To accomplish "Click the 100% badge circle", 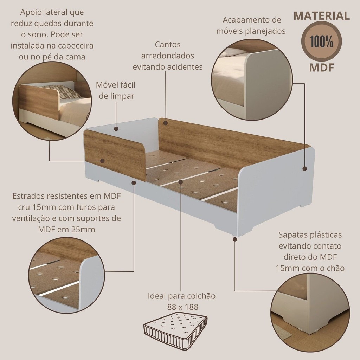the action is coord(321,41).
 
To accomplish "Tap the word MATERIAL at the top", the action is coord(322,15).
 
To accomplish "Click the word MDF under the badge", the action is coord(321,67).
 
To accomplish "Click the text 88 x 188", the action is coord(183,307).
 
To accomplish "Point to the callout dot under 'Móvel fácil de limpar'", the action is coord(116,129).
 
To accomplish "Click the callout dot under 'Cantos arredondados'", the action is coord(166,123).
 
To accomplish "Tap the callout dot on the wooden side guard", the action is coord(102,161).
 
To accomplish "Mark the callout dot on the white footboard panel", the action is coord(305,168).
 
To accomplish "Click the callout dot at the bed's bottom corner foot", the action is coord(234,239).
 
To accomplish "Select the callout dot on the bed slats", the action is coord(181,182).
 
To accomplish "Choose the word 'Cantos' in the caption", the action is coord(168,45).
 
